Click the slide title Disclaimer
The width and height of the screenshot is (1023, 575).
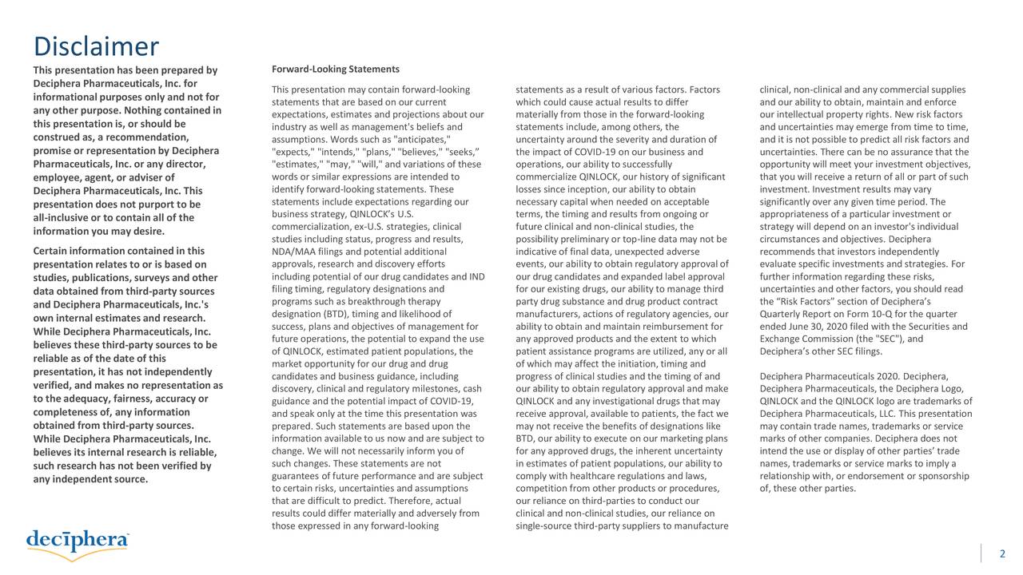click(96, 46)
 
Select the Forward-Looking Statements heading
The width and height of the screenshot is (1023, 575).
click(336, 69)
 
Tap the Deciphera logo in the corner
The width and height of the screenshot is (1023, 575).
click(78, 541)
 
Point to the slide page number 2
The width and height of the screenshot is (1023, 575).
click(1002, 555)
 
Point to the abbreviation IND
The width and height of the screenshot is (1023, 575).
click(476, 277)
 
